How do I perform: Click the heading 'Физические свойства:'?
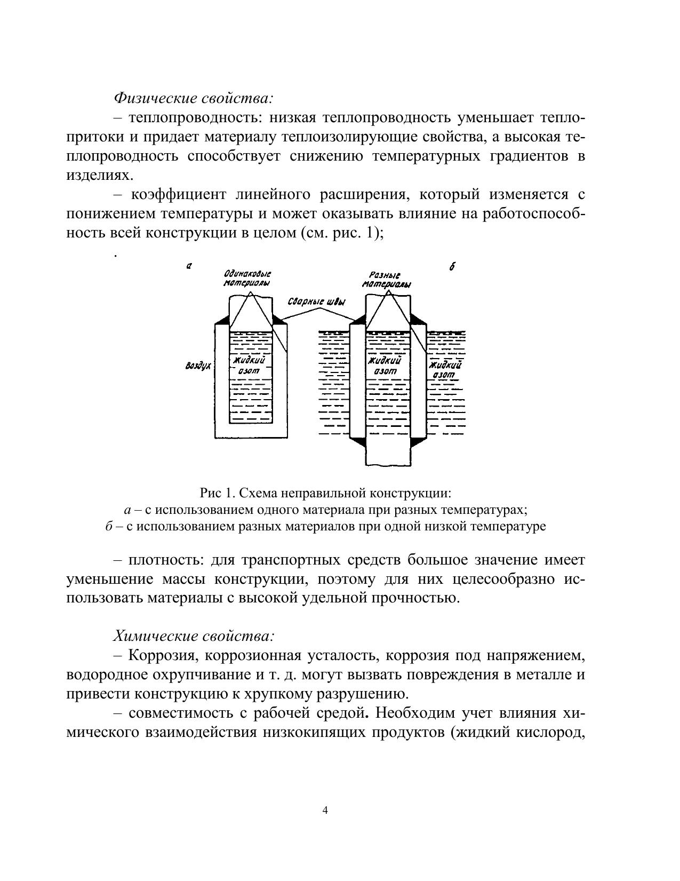(193, 98)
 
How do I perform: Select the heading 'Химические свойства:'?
(194, 636)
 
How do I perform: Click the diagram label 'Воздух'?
(198, 367)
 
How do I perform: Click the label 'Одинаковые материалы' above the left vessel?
(247, 279)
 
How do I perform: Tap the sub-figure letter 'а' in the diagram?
(189, 265)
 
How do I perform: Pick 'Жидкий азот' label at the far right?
(445, 370)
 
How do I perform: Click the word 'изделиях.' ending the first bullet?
(99, 176)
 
